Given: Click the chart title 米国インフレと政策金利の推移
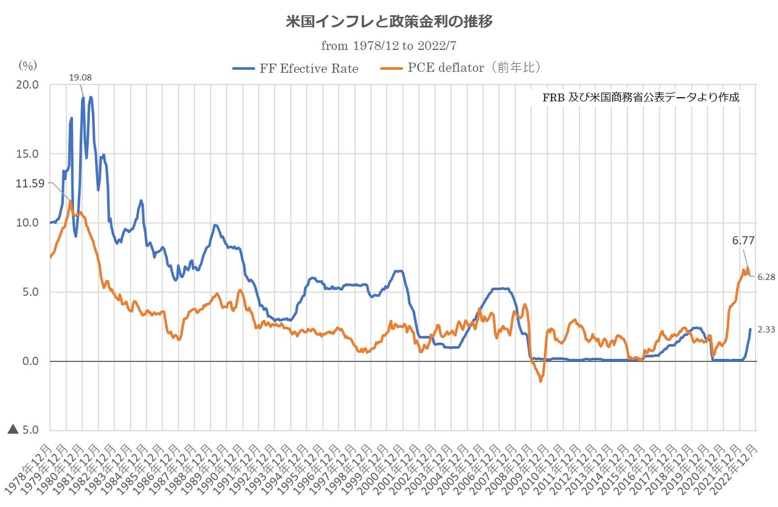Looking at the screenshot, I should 388,22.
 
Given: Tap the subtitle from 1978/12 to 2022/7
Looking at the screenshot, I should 388,46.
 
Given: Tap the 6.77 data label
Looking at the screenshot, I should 743,240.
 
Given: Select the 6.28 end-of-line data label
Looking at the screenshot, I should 766,276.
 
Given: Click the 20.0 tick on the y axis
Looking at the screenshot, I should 27,85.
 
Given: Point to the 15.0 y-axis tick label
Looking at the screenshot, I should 27,154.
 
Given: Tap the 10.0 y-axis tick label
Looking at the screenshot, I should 27,223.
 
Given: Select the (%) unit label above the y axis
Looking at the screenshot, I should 27,65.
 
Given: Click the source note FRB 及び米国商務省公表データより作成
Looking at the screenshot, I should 641,97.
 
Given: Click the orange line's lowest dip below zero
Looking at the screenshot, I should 541,381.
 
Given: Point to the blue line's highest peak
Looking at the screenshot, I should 91,97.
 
